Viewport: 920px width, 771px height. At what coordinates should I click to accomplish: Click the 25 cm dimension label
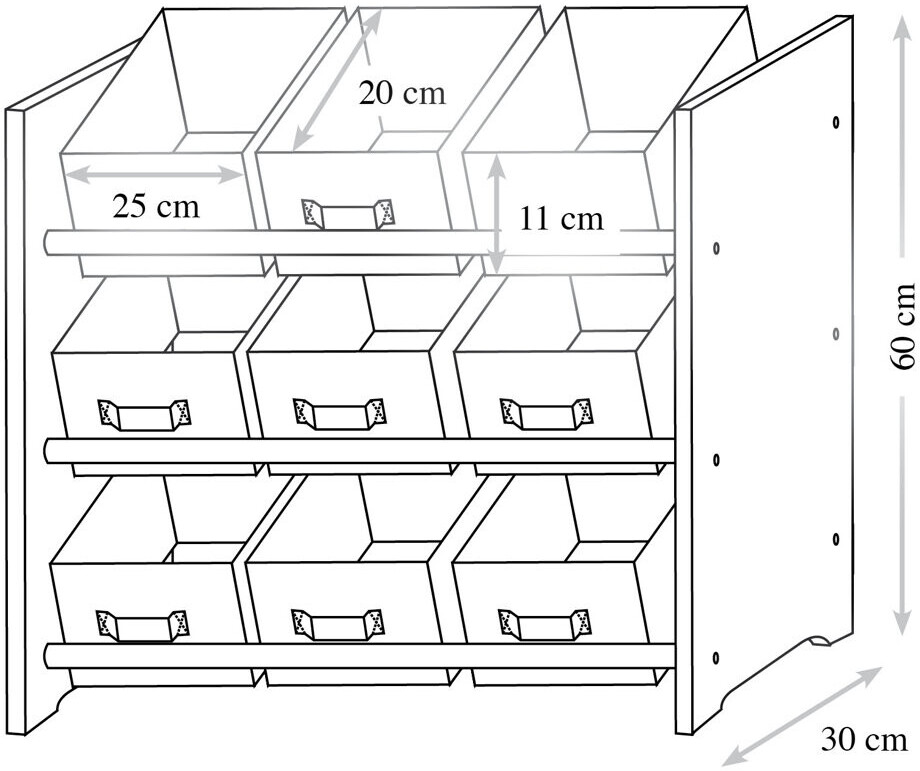click(x=155, y=207)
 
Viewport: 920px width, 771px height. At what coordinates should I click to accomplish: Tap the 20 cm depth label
click(x=402, y=94)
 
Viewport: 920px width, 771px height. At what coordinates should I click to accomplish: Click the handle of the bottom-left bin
click(x=143, y=625)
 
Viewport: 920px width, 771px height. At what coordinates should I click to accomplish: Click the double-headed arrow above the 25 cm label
click(x=155, y=175)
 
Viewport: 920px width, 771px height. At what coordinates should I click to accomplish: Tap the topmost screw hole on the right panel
click(x=836, y=122)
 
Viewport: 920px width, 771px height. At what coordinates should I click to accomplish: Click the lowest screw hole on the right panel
click(x=716, y=657)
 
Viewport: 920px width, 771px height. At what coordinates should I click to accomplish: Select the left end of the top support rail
click(x=50, y=243)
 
